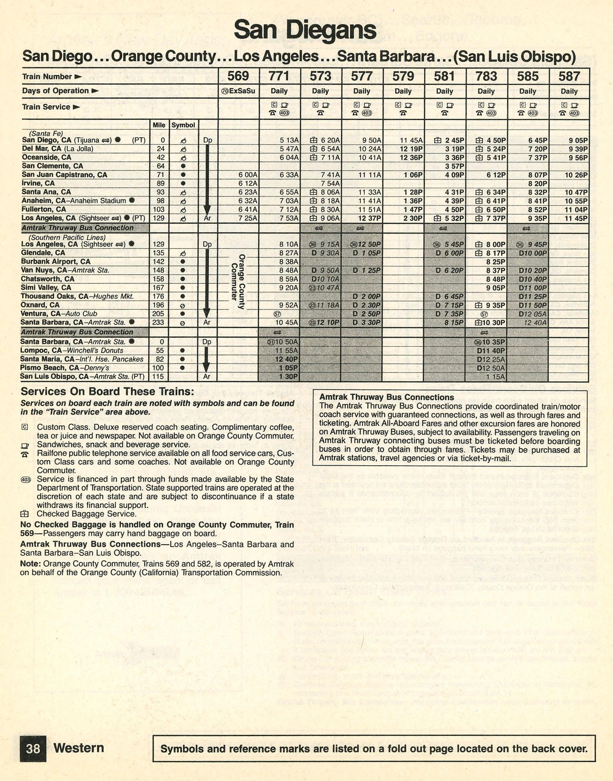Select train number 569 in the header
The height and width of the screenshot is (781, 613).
pos(238,76)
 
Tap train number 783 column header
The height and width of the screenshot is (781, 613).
pos(486,76)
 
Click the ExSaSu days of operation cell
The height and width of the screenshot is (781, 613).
pos(238,91)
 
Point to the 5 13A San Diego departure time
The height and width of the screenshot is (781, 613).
pos(289,140)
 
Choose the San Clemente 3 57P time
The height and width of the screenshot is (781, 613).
pos(454,166)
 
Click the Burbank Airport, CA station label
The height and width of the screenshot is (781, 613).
pos(56,261)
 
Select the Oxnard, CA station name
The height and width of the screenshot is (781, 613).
pos(40,305)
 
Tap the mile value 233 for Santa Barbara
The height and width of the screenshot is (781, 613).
pos(159,322)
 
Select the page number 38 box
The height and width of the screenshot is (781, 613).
pos(33,749)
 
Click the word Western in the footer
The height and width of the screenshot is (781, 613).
pos(79,748)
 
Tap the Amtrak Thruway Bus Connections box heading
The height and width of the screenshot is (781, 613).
pos(386,397)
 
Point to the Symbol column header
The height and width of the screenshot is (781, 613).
pos(183,125)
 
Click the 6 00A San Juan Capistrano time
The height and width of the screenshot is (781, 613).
pos(248,175)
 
